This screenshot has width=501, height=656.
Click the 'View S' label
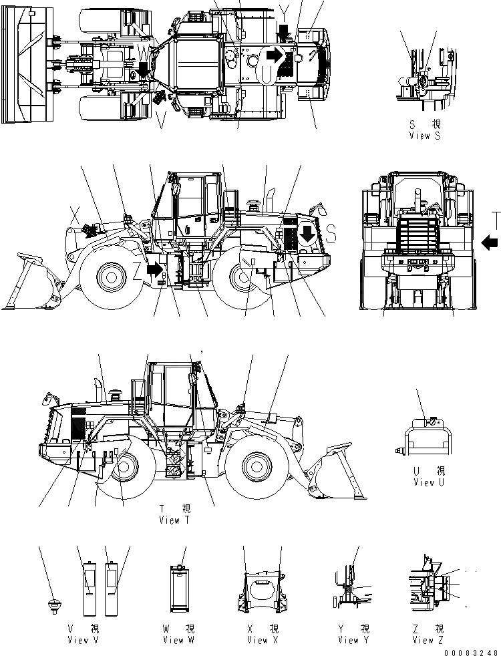pyautogui.click(x=426, y=134)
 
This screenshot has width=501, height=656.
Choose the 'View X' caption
pyautogui.click(x=257, y=640)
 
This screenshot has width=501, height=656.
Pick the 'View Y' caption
pyautogui.click(x=348, y=640)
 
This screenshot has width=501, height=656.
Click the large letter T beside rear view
pyautogui.click(x=494, y=220)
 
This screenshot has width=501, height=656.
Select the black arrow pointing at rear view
pyautogui.click(x=488, y=240)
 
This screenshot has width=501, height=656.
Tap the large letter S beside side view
pyautogui.click(x=332, y=233)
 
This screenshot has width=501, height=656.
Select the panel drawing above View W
pyautogui.click(x=178, y=589)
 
